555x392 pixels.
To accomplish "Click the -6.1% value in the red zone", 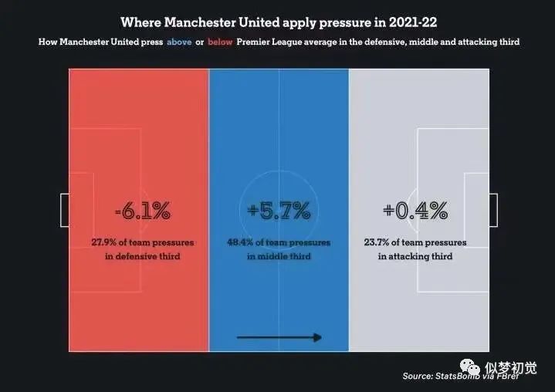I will [142, 210].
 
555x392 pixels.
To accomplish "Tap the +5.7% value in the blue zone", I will [279, 210].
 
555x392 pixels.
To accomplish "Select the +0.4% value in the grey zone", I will [415, 210].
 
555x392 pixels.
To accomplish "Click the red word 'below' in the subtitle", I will [220, 42].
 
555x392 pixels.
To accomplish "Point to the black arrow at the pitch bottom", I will [279, 337].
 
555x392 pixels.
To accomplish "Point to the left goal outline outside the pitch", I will [64, 210].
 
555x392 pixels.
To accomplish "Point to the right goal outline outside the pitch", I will [493, 210].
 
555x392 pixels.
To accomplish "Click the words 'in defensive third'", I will [142, 255].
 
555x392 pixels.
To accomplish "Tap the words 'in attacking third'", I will [415, 255].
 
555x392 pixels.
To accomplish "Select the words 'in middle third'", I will [279, 255].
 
